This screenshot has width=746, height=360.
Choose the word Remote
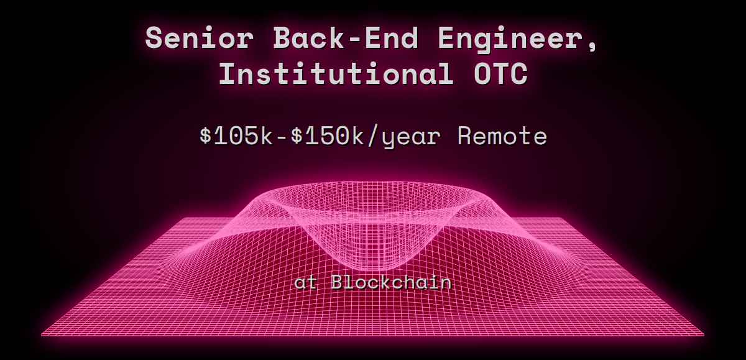(502, 136)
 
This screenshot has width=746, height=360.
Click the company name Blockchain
(391, 282)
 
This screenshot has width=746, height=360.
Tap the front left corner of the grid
(42, 335)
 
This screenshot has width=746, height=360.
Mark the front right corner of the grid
(704, 335)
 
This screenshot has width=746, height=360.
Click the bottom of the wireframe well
(372, 261)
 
